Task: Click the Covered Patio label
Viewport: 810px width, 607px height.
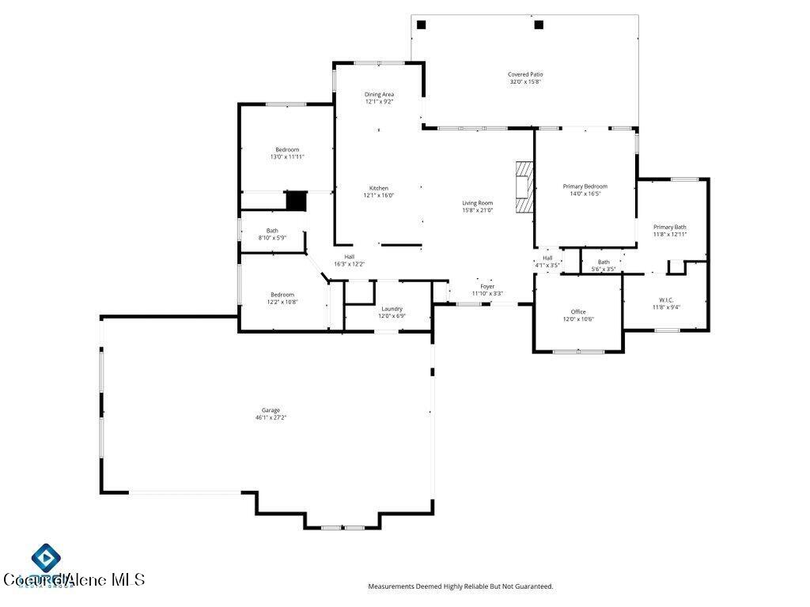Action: pos(525,74)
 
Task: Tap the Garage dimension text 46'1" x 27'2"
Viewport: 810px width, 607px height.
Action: pos(271,417)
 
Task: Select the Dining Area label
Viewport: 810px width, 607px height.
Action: pos(379,94)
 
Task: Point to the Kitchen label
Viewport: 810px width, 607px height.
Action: pos(378,188)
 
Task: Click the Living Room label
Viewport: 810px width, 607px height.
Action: pos(477,203)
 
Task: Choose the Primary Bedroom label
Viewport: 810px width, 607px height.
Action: pos(585,187)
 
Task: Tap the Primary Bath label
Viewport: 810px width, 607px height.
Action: pos(669,227)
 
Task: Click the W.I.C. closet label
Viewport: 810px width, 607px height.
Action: pos(665,300)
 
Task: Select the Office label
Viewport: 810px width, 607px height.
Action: pos(578,311)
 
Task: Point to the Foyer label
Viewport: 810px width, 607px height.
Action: pos(487,286)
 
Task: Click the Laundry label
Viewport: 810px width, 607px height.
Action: pos(392,309)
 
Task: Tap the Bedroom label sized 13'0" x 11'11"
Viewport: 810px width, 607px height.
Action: pos(287,149)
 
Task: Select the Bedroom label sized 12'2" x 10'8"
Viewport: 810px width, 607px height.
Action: pos(282,295)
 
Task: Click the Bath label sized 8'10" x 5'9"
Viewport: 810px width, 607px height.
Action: pos(272,231)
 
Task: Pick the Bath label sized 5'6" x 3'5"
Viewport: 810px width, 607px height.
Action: pos(604,262)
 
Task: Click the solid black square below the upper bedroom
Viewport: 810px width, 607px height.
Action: pos(296,201)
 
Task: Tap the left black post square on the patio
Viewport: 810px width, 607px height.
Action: pos(422,25)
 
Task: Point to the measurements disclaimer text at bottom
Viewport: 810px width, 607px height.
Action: pos(460,586)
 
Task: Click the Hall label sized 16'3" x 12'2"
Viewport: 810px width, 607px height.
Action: pos(349,257)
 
